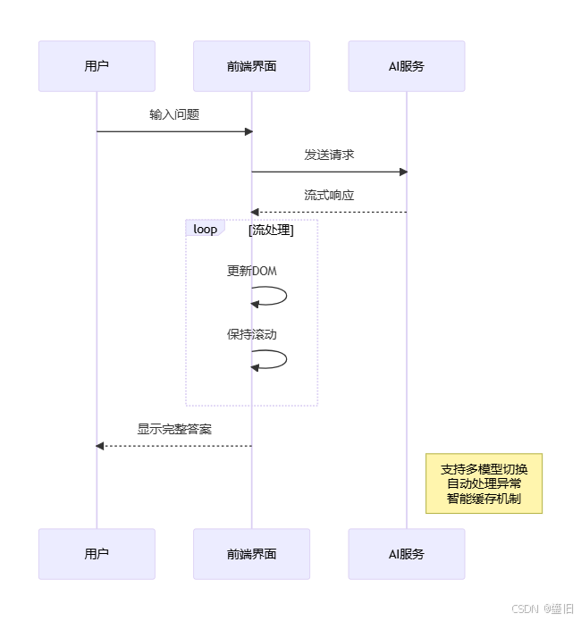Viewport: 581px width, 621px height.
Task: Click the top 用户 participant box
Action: point(97,66)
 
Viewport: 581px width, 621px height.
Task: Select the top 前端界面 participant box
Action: point(251,66)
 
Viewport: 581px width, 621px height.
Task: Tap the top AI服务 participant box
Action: point(407,66)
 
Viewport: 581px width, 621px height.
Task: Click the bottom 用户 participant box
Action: point(97,554)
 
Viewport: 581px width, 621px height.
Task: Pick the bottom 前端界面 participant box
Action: point(251,554)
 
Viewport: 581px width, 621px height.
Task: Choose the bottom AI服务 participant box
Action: point(407,554)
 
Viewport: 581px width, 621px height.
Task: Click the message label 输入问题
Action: point(174,115)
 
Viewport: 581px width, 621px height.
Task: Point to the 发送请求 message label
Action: point(329,155)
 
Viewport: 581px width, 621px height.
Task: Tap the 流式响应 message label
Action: point(329,195)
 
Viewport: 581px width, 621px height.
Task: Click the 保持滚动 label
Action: point(252,335)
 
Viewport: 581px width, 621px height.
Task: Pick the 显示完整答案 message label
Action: point(174,429)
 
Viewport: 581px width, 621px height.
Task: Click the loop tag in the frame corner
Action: point(205,229)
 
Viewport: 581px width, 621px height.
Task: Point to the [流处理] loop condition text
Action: point(271,230)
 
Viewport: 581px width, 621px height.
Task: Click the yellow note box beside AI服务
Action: point(484,483)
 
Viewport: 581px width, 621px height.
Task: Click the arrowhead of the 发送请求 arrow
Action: point(403,172)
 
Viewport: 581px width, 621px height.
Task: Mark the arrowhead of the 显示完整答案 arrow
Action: point(100,446)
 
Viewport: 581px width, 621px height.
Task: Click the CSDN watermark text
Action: point(543,608)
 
